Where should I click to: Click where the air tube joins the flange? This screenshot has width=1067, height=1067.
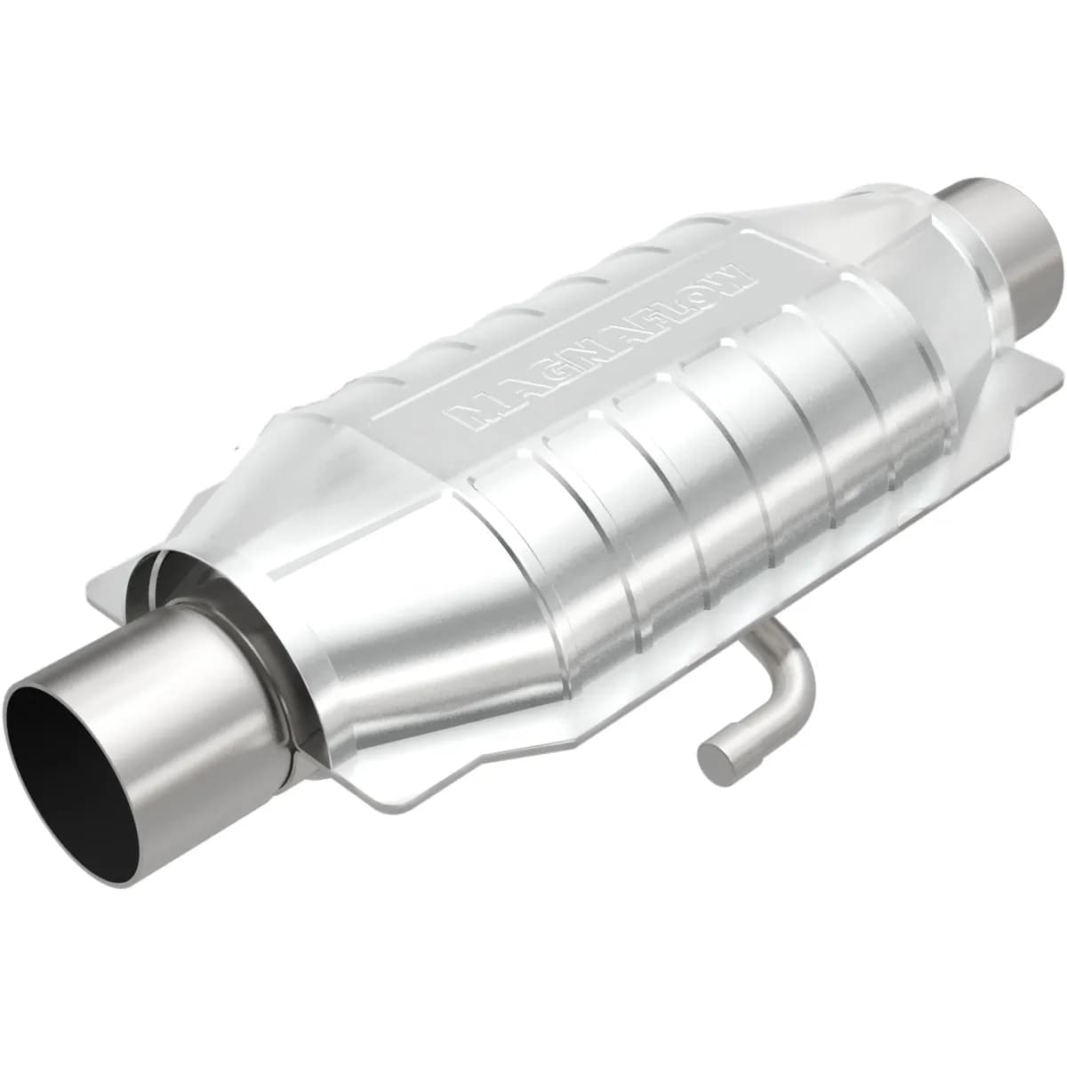tap(756, 636)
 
